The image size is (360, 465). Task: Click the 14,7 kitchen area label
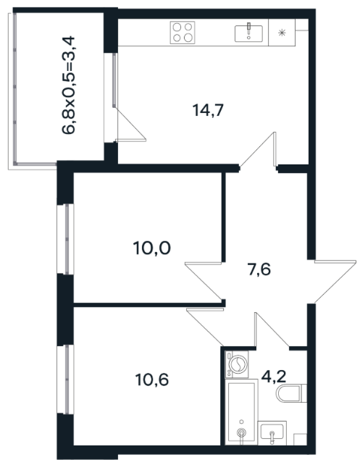[x=208, y=110]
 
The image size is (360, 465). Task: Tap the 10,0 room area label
[x=152, y=248]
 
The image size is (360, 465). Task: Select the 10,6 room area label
[x=152, y=380]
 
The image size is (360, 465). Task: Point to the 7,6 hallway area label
[x=259, y=270]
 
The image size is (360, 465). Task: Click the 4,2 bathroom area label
[x=273, y=376]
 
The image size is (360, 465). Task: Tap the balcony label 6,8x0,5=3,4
[x=69, y=85]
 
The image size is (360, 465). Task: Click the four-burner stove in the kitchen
[x=183, y=33]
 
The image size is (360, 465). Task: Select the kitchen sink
[x=248, y=33]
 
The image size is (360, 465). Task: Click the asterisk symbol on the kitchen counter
[x=282, y=33]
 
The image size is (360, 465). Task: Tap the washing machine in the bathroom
[x=237, y=364]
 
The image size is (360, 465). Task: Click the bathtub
[x=241, y=412]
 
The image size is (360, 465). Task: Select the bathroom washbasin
[x=272, y=432]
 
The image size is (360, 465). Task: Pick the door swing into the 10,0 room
[x=204, y=281]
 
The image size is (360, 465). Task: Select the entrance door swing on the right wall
[x=335, y=281]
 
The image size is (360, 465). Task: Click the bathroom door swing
[x=272, y=330]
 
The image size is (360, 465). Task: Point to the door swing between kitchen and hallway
[x=259, y=150]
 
